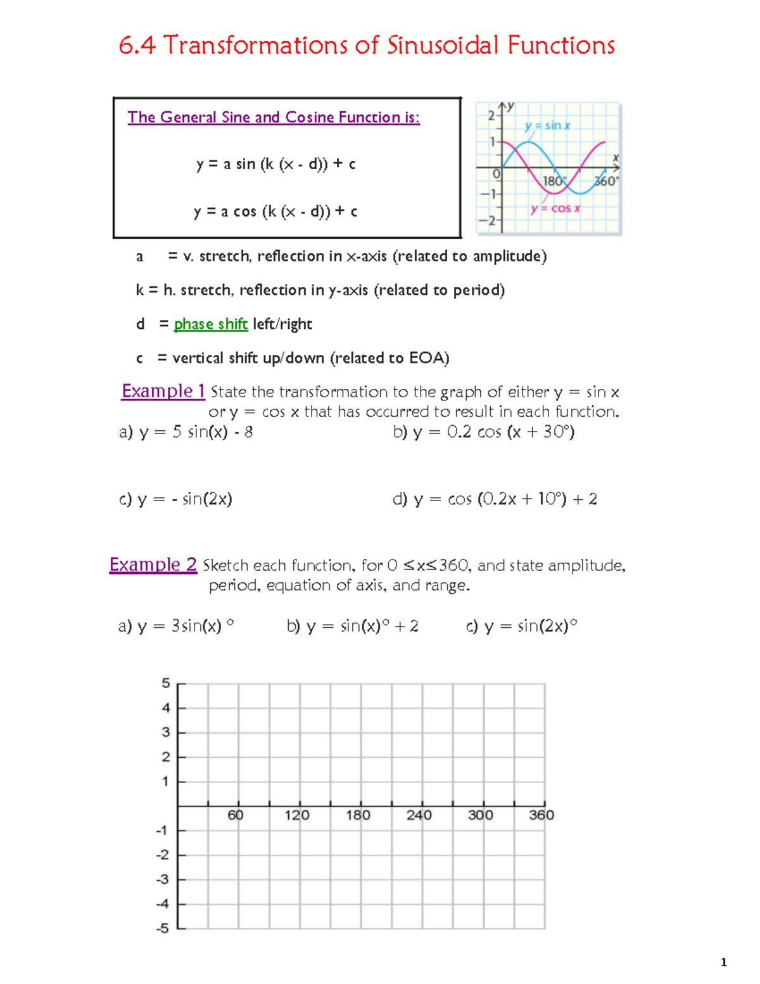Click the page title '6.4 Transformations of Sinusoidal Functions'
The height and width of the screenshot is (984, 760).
367,46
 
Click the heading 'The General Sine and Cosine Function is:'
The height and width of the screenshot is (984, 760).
274,117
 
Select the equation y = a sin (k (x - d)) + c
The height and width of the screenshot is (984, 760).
275,164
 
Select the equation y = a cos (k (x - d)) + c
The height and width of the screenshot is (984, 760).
275,212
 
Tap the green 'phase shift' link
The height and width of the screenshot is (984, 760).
210,324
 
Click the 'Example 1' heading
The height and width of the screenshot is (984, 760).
163,392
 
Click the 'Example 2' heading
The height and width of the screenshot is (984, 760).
153,565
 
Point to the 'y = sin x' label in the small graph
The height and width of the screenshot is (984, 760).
547,125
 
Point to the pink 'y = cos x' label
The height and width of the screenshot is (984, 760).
555,208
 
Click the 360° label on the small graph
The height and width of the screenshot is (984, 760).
606,181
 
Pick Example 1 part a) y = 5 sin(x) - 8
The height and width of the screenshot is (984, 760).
186,432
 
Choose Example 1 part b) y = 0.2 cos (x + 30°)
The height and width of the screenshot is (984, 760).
484,432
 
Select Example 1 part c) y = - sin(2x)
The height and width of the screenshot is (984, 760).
176,499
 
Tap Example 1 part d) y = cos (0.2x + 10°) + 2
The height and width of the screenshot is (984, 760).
495,499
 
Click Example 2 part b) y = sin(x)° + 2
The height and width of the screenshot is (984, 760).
352,627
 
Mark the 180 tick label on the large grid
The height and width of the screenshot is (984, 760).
358,815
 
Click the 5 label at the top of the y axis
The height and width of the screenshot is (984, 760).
166,683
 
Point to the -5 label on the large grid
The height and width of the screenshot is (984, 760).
163,929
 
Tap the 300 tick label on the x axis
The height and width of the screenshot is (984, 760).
480,815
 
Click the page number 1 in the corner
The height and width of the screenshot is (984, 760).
724,962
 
